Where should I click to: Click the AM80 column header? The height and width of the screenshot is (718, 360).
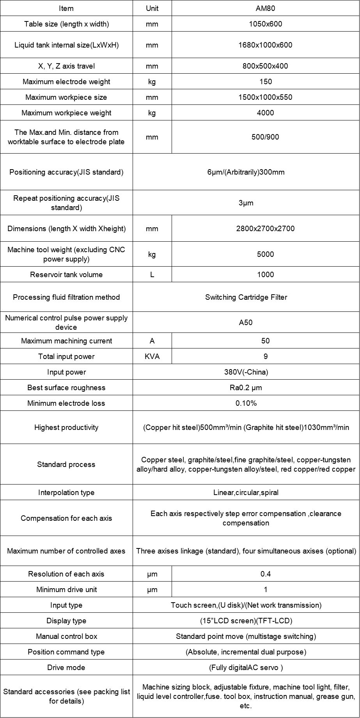coord(265,8)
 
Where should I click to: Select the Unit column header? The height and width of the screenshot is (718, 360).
coord(152,8)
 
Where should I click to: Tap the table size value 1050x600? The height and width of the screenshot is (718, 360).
coord(265,24)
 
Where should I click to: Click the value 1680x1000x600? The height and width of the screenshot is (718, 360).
coord(265,45)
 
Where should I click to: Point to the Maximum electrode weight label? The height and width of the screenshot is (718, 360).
coord(66,81)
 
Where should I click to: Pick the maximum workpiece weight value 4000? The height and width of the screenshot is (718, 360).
coord(265,113)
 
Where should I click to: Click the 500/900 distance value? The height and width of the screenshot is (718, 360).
coord(265,137)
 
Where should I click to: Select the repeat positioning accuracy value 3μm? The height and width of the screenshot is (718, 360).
coord(246,203)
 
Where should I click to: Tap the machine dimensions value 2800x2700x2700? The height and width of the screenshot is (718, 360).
coord(265,228)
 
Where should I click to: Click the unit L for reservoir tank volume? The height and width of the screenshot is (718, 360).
coord(152,274)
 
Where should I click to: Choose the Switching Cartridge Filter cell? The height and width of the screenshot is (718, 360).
coord(246,297)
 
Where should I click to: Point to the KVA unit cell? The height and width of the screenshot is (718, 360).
coord(152,356)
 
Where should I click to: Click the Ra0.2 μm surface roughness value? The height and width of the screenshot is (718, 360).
coord(246,387)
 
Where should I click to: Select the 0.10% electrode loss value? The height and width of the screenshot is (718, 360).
coord(246,403)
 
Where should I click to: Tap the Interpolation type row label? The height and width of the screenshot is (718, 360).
coord(66,492)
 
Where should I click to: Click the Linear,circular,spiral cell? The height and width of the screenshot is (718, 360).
coord(246,492)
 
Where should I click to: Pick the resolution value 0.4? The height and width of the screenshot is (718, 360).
coord(265,574)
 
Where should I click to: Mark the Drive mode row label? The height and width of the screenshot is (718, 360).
coord(66,667)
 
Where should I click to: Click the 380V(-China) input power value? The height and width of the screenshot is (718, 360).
coord(246,372)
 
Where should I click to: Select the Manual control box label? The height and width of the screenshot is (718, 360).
coord(66,636)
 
